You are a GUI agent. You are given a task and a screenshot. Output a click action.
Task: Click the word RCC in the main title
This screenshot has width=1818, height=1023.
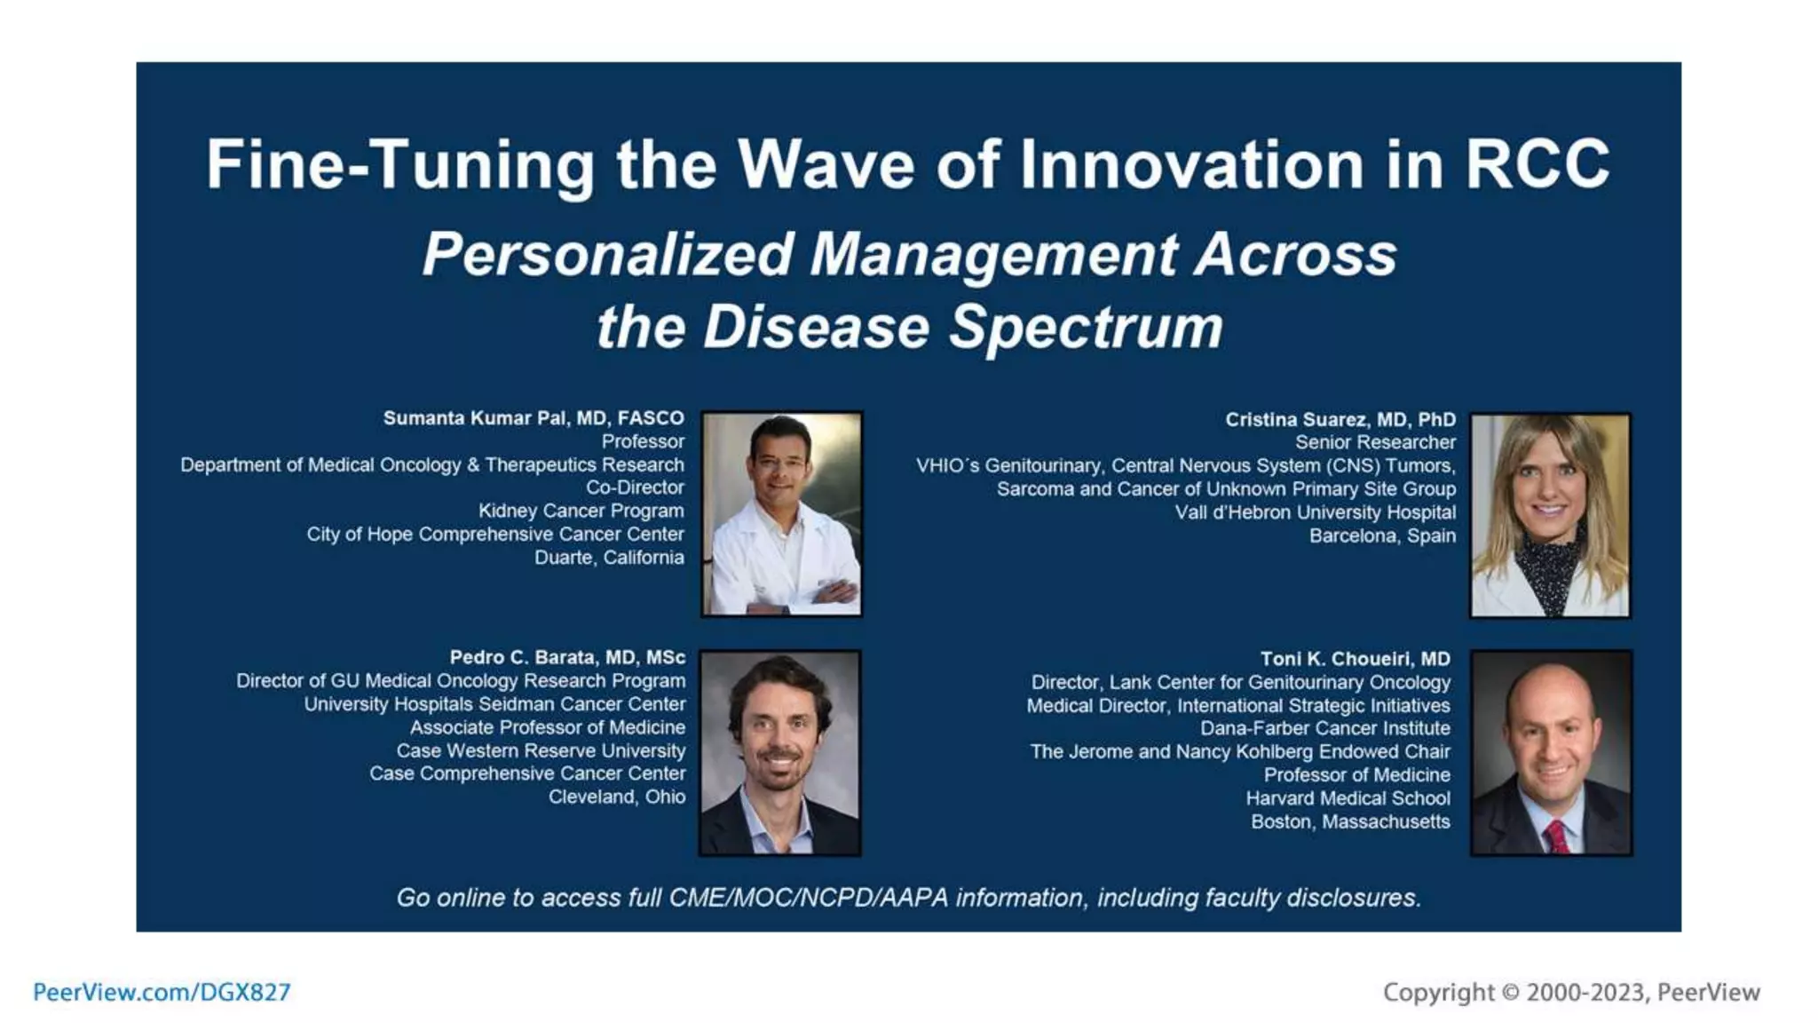(1537, 164)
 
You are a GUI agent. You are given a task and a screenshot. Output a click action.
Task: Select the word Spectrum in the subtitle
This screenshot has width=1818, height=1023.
(1086, 328)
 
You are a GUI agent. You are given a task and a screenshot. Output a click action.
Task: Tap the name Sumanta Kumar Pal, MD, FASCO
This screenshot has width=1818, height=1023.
(534, 418)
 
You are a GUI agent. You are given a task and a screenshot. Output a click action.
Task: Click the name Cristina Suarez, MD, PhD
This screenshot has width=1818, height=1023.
(1340, 419)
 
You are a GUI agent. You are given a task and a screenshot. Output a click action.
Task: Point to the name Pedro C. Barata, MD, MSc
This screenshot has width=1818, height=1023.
(567, 657)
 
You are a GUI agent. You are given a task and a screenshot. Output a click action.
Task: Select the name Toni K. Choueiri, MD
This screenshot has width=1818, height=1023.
(1355, 659)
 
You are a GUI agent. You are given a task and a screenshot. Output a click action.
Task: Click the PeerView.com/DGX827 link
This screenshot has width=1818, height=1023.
(162, 992)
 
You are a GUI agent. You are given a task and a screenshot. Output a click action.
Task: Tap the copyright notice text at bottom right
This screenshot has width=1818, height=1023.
(1570, 992)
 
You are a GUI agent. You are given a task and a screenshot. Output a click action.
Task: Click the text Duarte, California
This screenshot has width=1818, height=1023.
(609, 558)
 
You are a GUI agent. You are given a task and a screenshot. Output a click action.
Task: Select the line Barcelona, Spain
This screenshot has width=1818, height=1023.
(1382, 535)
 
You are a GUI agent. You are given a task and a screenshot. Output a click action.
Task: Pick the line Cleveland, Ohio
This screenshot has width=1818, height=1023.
(616, 797)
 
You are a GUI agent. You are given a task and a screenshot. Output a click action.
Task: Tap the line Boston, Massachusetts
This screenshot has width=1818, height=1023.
(1350, 821)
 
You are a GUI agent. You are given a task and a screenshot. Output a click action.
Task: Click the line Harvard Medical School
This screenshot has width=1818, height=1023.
(1348, 798)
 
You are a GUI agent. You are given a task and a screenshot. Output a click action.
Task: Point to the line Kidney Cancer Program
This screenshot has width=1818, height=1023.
(581, 511)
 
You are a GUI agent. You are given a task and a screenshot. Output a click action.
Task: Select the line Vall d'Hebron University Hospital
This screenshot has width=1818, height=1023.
(1315, 512)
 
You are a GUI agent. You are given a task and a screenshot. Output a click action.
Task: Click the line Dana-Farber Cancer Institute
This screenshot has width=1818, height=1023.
(1324, 728)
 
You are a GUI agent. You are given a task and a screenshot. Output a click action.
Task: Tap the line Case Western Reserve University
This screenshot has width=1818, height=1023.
(541, 750)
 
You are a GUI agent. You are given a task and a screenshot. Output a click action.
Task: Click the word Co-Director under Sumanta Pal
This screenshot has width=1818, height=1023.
(635, 488)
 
